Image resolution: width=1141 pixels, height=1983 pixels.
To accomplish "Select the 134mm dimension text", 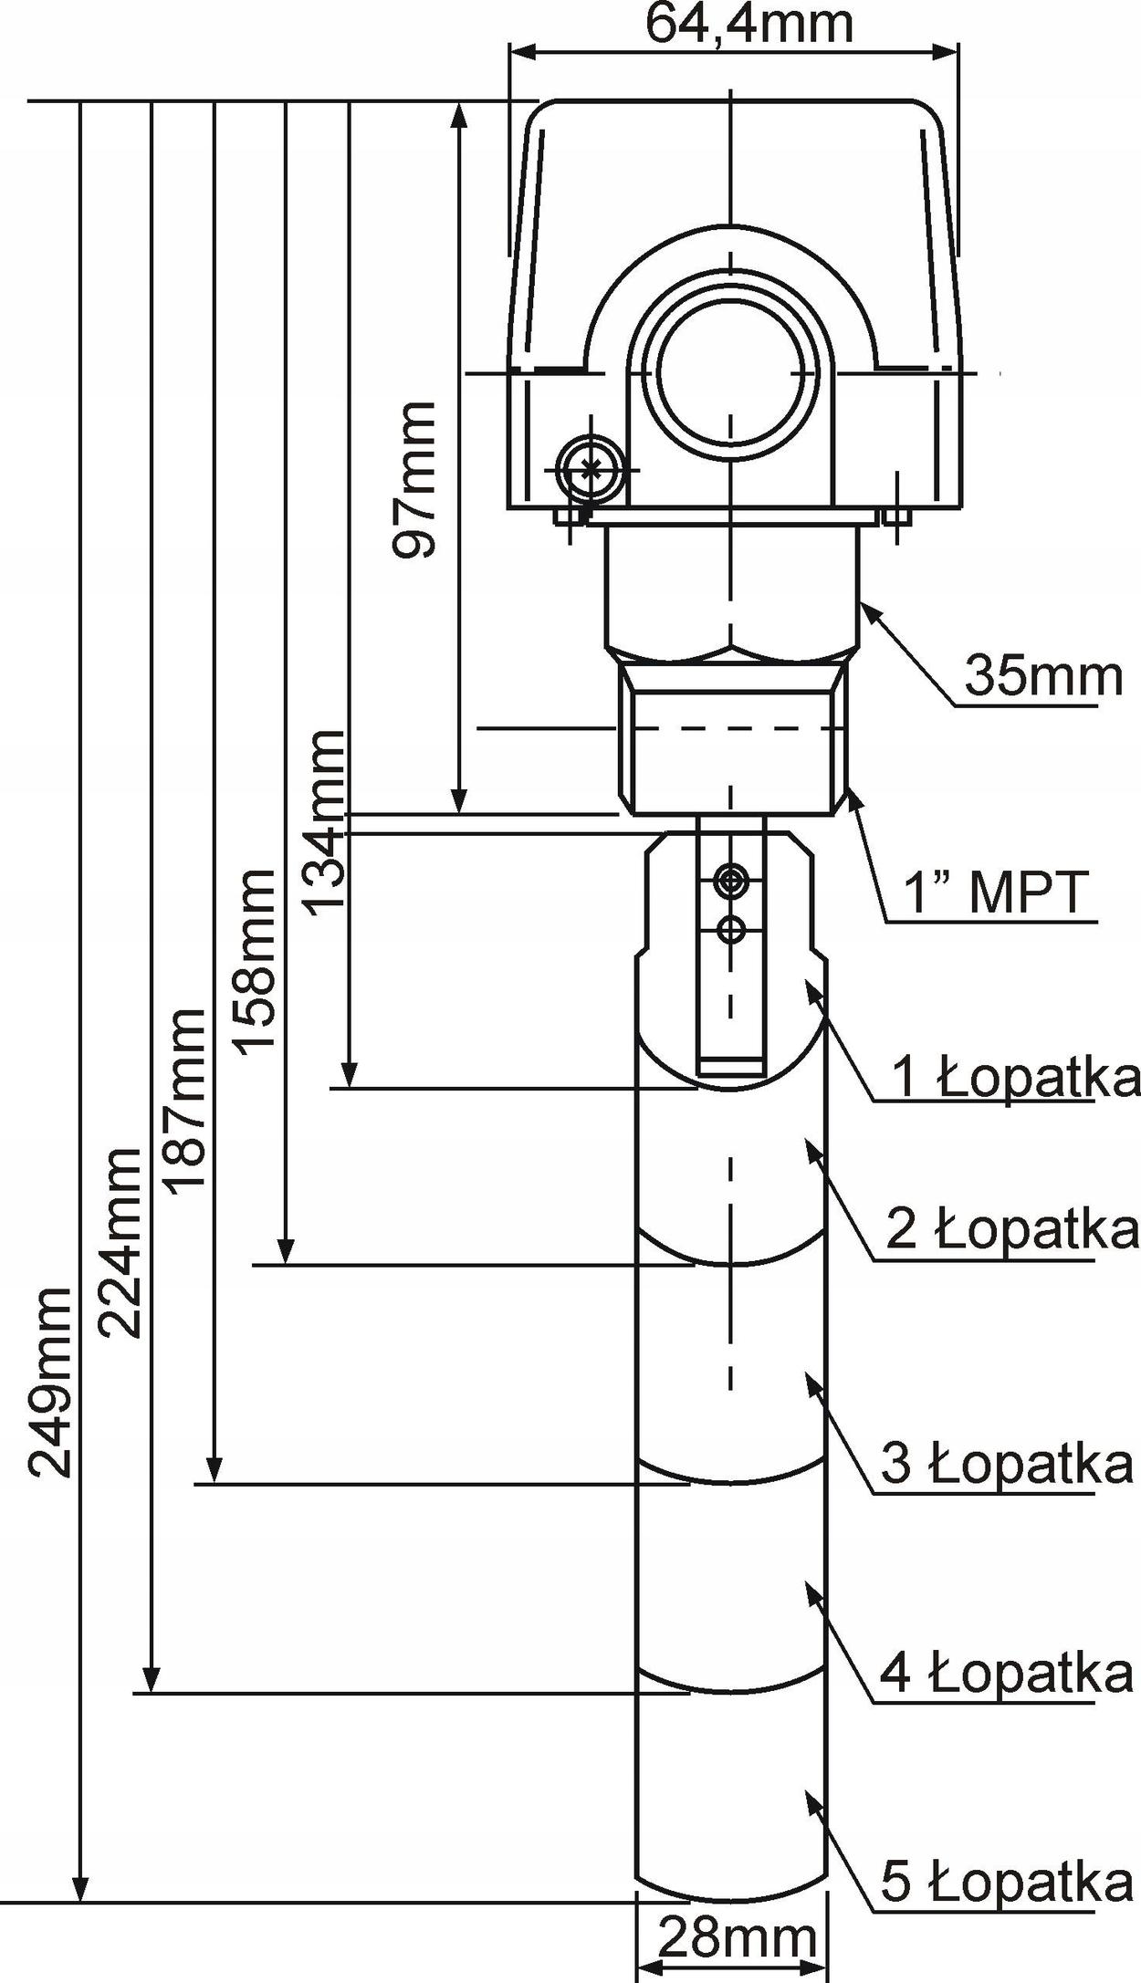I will pos(324,819).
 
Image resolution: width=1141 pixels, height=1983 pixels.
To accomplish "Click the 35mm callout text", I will pos(1043,676).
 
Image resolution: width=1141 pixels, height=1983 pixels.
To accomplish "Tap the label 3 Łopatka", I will pos(1007,1464).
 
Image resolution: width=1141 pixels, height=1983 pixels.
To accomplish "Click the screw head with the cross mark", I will pos(590,470).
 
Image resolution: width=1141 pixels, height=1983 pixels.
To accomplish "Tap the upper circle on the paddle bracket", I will pos(730,881).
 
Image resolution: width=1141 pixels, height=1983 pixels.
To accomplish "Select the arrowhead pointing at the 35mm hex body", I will pos(870,613).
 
